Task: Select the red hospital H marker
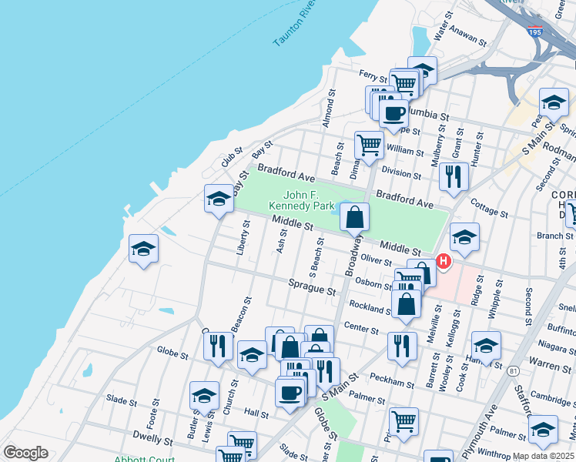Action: [x=443, y=262]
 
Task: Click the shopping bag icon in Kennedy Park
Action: [x=354, y=219]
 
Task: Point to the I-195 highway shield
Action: [x=536, y=32]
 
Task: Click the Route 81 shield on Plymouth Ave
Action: [x=513, y=371]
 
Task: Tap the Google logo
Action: [x=26, y=453]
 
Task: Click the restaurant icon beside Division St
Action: [x=454, y=176]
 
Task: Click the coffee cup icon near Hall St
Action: [x=290, y=393]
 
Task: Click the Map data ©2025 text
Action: [x=543, y=456]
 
